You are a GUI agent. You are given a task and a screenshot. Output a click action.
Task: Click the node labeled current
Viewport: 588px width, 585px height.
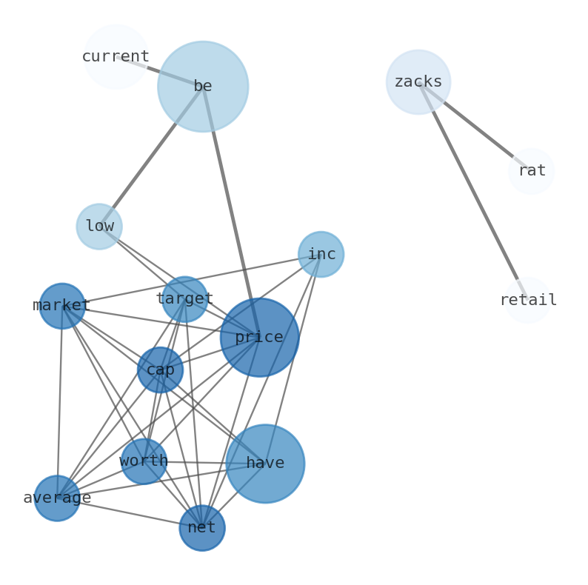coord(116,57)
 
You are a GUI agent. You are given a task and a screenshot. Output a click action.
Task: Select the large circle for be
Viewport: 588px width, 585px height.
coord(203,87)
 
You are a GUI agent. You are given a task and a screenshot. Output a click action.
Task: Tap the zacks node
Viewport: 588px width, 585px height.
coord(418,82)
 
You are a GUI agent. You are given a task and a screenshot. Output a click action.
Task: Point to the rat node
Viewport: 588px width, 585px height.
coord(531,171)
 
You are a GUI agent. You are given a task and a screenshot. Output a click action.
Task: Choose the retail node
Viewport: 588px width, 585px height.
coord(528,300)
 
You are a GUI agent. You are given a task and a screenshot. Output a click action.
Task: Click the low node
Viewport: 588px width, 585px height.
coord(99,227)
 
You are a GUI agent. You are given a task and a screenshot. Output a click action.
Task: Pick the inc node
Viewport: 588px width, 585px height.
coord(321,254)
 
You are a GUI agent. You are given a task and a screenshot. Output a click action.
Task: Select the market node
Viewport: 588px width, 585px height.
coord(62,306)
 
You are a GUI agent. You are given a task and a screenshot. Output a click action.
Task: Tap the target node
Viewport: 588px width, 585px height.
coord(184,299)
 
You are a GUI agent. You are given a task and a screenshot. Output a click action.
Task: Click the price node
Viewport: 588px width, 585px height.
coord(259,338)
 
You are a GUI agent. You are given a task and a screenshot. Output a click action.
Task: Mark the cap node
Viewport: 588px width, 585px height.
coord(160,370)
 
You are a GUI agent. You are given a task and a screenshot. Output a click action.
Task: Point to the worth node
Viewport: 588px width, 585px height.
coord(144,461)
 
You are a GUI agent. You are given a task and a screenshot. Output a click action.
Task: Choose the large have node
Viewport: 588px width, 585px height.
coord(265,464)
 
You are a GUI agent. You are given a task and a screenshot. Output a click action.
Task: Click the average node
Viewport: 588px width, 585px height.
coord(57,498)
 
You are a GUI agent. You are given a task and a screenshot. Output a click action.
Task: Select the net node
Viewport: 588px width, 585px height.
coord(202,528)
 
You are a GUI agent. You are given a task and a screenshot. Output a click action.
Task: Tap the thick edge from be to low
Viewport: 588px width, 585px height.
coord(151,156)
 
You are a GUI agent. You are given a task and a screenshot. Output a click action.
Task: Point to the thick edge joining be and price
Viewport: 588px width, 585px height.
coord(231,212)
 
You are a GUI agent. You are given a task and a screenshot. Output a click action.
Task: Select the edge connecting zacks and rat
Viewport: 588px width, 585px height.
coord(475,127)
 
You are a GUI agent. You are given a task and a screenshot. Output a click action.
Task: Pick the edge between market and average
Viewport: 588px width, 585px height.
coord(60,402)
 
